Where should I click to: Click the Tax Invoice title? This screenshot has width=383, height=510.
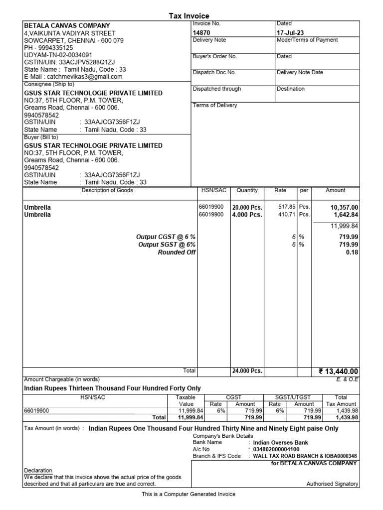pyautogui.click(x=190, y=16)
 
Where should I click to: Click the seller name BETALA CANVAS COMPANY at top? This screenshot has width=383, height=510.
pyautogui.click(x=67, y=26)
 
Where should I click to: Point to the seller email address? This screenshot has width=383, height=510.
pyautogui.click(x=73, y=77)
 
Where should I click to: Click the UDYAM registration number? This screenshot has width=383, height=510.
pyautogui.click(x=58, y=55)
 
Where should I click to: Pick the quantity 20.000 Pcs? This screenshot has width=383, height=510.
pyautogui.click(x=247, y=207)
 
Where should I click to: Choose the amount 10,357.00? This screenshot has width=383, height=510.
pyautogui.click(x=344, y=207)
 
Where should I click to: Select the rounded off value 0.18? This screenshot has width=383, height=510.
pyautogui.click(x=352, y=253)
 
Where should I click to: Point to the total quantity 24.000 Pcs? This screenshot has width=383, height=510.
pyautogui.click(x=247, y=371)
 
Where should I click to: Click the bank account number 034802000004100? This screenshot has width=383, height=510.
pyautogui.click(x=276, y=449)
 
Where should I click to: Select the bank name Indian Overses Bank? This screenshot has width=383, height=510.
pyautogui.click(x=280, y=442)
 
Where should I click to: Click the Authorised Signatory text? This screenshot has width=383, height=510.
pyautogui.click(x=332, y=484)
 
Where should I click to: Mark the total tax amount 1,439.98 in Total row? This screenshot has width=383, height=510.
pyautogui.click(x=348, y=417)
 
